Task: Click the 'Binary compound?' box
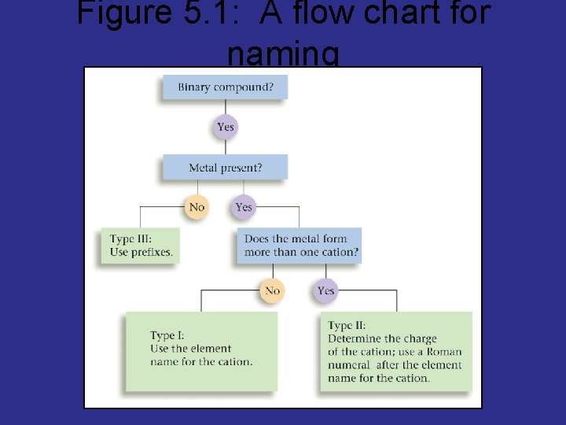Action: click(225, 87)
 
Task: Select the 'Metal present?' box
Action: click(225, 168)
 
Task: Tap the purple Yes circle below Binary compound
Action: click(226, 127)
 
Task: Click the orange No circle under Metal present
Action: click(197, 207)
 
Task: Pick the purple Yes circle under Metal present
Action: click(244, 207)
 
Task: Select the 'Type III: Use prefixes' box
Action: click(140, 246)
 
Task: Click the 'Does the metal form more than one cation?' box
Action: click(300, 246)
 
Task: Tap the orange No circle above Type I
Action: click(272, 291)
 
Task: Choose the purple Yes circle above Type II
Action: click(325, 291)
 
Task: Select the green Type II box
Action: click(396, 351)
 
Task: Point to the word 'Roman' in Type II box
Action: click(444, 352)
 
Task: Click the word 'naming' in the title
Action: click(283, 54)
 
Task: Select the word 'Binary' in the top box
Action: click(194, 87)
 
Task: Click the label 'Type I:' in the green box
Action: click(167, 335)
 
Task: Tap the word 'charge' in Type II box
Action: click(420, 338)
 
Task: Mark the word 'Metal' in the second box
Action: click(203, 168)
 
